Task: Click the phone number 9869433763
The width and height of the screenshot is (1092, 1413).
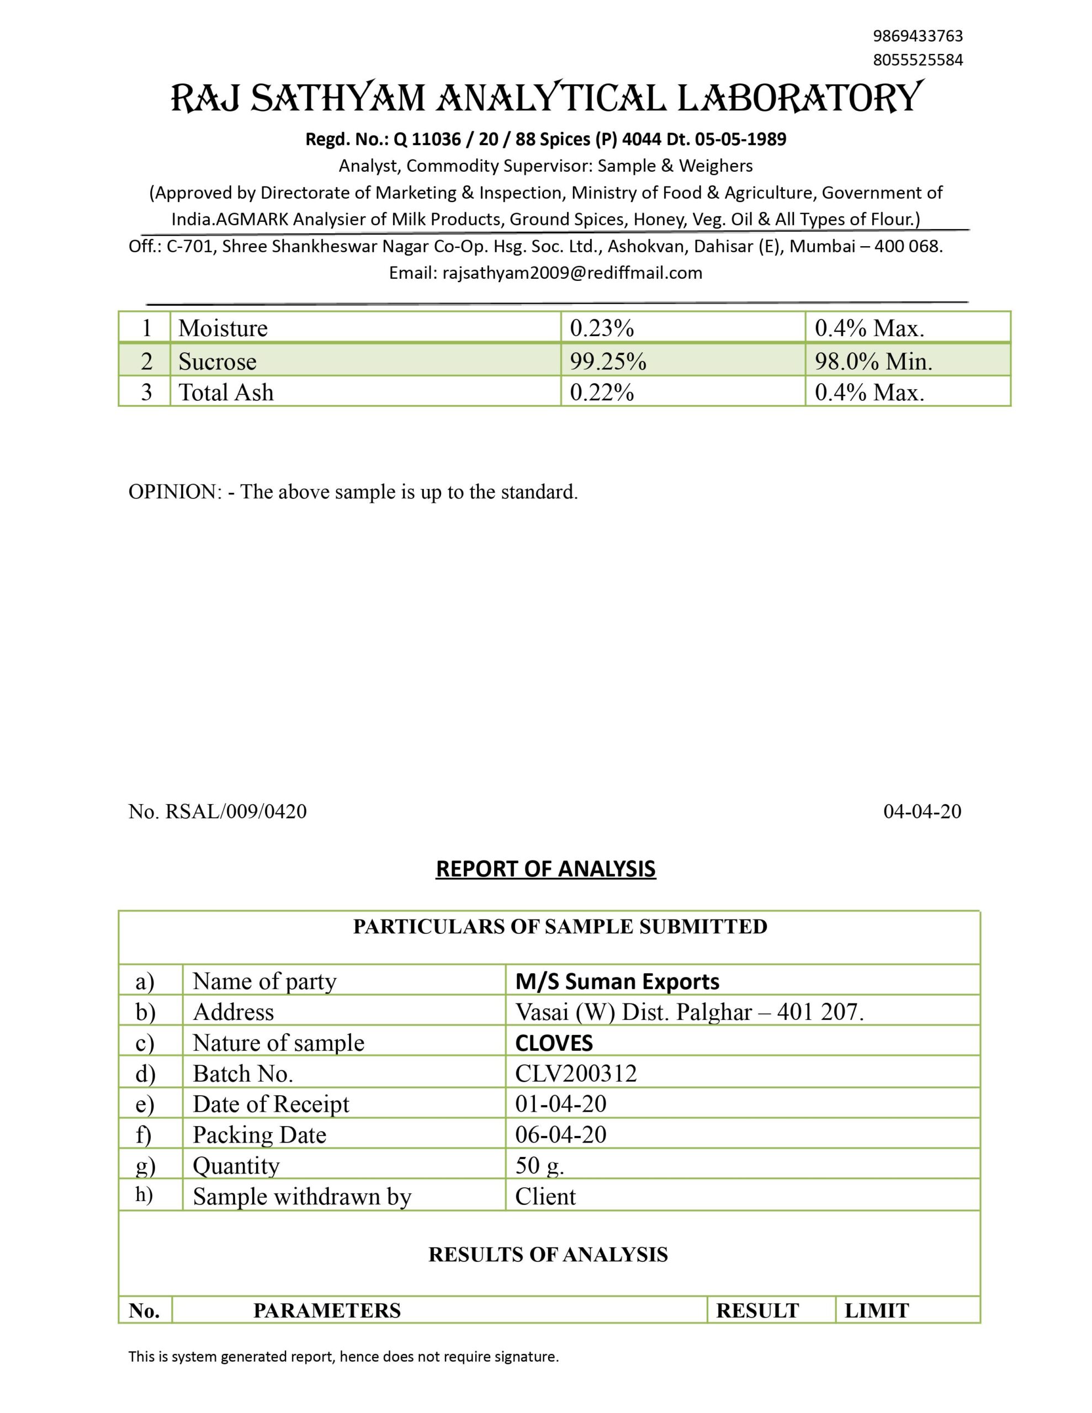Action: click(917, 35)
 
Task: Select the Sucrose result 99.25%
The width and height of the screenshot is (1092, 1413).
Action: click(608, 361)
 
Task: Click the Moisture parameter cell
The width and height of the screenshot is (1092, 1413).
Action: click(224, 328)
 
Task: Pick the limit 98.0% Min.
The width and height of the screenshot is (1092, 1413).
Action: click(873, 361)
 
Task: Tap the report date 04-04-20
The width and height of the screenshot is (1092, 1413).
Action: click(922, 811)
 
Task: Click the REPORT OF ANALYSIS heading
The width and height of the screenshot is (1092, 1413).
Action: click(545, 869)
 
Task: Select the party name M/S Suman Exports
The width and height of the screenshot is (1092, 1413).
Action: click(617, 981)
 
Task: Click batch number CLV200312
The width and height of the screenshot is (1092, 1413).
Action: click(575, 1074)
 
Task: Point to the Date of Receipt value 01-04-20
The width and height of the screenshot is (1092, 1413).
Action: click(560, 1104)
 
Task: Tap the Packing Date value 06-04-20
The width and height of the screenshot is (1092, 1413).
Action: click(560, 1135)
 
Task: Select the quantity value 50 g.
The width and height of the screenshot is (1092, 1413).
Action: click(539, 1165)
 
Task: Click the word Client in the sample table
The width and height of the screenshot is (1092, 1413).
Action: click(545, 1197)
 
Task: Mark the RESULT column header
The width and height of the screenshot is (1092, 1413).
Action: click(757, 1311)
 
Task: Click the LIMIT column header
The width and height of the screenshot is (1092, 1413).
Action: click(877, 1311)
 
